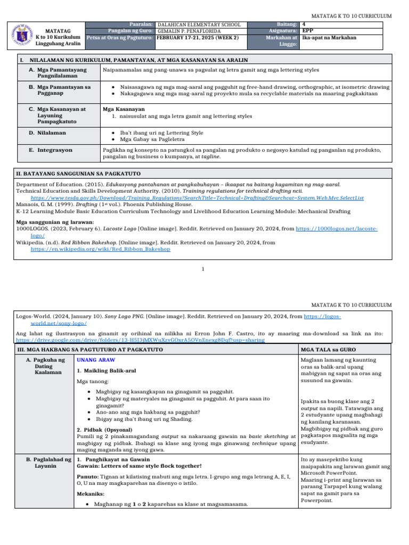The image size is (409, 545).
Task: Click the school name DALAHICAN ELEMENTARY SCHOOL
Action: (x=200, y=24)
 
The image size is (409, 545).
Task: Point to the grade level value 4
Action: (x=304, y=24)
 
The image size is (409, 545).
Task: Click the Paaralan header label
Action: (x=142, y=24)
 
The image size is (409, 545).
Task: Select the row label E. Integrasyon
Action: (x=51, y=150)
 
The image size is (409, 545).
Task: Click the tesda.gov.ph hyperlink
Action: (x=197, y=197)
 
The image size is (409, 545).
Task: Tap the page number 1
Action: (x=203, y=269)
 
